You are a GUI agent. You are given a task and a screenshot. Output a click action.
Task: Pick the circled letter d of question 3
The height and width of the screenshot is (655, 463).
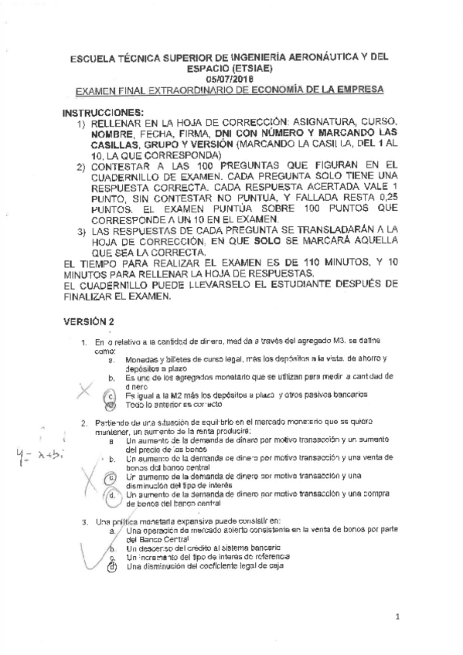pyautogui.click(x=111, y=566)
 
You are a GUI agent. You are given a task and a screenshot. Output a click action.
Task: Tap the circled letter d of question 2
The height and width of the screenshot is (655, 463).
pyautogui.click(x=111, y=496)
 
